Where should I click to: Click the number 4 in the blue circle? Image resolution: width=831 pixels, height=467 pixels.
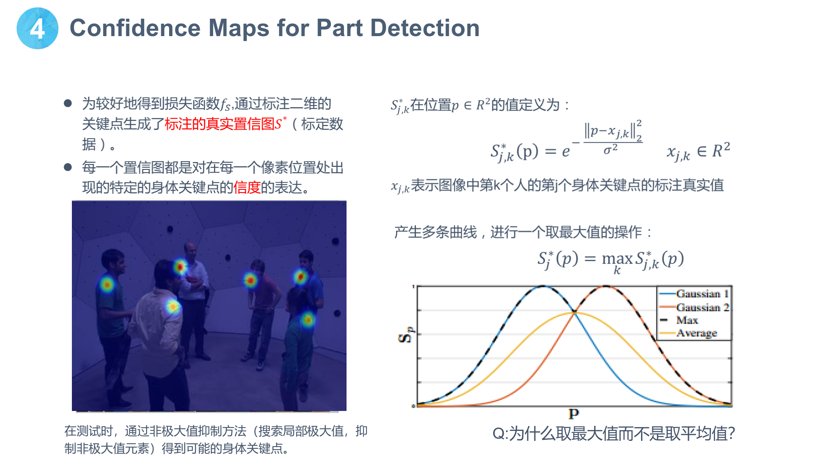pyautogui.click(x=37, y=29)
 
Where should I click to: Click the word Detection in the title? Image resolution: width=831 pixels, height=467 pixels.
pyautogui.click(x=425, y=28)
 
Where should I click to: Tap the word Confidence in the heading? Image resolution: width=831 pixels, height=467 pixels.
pyautogui.click(x=135, y=28)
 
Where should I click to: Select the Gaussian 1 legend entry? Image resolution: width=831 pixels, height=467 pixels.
pyautogui.click(x=694, y=294)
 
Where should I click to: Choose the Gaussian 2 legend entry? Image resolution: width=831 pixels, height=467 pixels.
pyautogui.click(x=694, y=307)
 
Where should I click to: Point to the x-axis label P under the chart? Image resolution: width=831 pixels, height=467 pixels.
pyautogui.click(x=574, y=413)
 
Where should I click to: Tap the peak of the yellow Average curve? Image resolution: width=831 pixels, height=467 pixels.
pyautogui.click(x=575, y=313)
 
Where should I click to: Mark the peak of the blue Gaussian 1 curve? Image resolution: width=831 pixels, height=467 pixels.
pyautogui.click(x=543, y=286)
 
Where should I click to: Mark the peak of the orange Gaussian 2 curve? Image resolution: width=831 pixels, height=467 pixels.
pyautogui.click(x=606, y=286)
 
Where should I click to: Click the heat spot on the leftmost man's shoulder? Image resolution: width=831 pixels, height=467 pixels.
pyautogui.click(x=107, y=285)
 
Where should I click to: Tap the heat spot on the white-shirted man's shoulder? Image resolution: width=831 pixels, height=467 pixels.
pyautogui.click(x=173, y=307)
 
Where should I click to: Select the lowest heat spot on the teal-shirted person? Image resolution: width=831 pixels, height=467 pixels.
pyautogui.click(x=308, y=320)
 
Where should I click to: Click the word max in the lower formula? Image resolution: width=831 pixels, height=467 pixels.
pyautogui.click(x=617, y=259)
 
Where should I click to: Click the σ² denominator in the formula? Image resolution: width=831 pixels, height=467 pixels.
pyautogui.click(x=610, y=149)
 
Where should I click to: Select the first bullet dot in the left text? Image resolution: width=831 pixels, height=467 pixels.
pyautogui.click(x=68, y=103)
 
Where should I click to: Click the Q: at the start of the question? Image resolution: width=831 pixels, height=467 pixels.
pyautogui.click(x=500, y=434)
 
